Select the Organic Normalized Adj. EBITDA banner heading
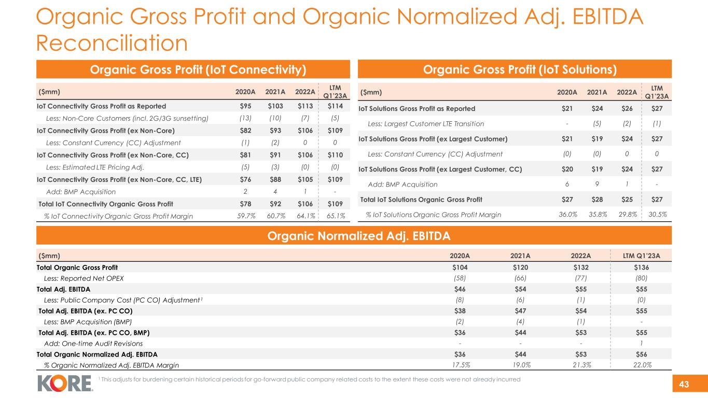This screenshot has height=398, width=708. (354, 236)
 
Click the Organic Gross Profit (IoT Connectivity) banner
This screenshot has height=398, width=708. (192, 69)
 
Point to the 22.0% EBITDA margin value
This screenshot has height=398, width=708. (641, 365)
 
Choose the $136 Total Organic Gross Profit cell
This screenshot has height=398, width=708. (641, 267)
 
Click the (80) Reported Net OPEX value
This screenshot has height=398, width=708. (641, 278)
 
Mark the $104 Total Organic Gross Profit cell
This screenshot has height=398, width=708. (460, 267)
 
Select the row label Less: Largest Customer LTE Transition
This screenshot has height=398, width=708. (425, 124)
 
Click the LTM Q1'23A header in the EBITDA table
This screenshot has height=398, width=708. (641, 255)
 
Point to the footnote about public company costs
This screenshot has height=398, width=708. (309, 380)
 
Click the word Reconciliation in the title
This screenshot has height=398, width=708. (112, 43)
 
